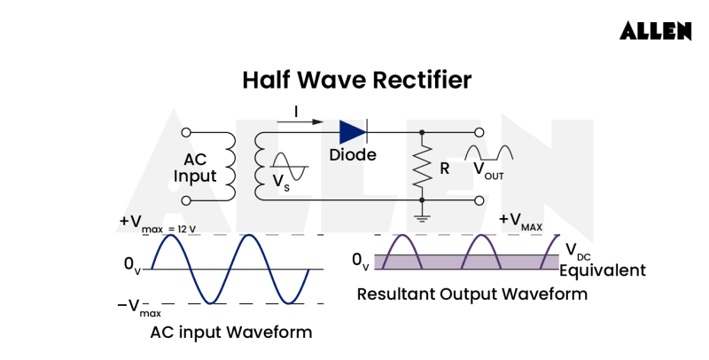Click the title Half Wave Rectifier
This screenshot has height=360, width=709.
pyautogui.click(x=356, y=80)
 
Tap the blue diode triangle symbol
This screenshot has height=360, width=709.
pyautogui.click(x=352, y=132)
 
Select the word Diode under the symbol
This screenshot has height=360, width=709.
pyautogui.click(x=353, y=155)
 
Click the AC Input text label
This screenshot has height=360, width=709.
pyautogui.click(x=195, y=168)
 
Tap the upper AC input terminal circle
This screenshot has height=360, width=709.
pyautogui.click(x=185, y=132)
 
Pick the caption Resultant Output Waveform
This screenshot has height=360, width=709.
pyautogui.click(x=471, y=293)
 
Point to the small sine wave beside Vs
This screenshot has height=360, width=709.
pyautogui.click(x=289, y=166)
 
